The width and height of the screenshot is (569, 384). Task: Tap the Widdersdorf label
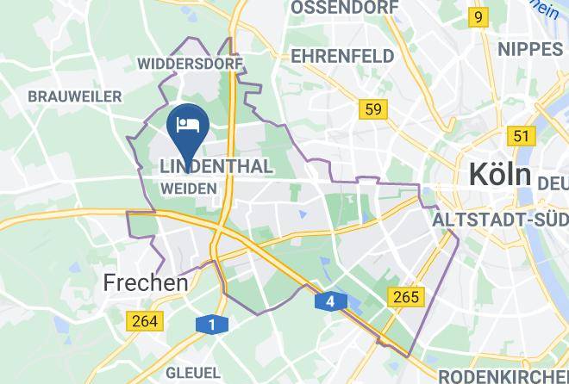click(x=191, y=63)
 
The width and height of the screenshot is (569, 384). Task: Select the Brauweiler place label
click(x=74, y=96)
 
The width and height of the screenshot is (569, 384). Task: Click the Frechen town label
click(x=146, y=282)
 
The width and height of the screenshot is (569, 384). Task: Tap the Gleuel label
click(x=193, y=373)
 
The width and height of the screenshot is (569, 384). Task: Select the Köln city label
click(x=499, y=174)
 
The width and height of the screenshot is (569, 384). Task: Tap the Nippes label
click(x=529, y=48)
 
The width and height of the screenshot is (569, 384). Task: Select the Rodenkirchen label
click(x=503, y=376)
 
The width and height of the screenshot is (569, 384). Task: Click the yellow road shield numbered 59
click(x=372, y=108)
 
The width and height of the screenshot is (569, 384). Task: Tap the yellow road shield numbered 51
click(x=520, y=135)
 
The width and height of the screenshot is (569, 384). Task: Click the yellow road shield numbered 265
click(x=404, y=297)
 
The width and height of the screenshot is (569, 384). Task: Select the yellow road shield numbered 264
click(x=145, y=321)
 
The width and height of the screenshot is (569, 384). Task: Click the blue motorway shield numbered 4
click(x=330, y=302)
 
